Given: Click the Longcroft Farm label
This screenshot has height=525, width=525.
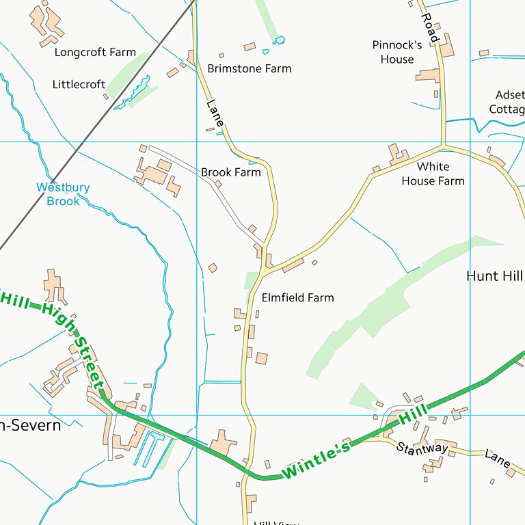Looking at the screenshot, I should coord(95,52).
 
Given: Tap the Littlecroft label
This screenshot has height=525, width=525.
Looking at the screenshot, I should coord(79,84).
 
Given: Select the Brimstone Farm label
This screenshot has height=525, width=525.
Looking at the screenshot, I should coord(250,68).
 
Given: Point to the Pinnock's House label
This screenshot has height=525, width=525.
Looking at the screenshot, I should coord(397,52).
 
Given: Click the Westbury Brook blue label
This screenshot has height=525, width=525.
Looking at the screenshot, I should coord(63,194).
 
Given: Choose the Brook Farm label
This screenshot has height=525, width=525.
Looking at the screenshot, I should coord(231,172).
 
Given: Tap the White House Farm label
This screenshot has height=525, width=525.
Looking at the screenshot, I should coord(433,174).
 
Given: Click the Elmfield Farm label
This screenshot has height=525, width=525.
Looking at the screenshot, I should coord(297,297).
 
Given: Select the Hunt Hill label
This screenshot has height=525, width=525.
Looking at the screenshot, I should coord(494,275).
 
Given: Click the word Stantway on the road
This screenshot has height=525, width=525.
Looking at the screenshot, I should coord(422,448).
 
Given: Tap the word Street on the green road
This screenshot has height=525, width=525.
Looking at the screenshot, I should coord(87,360).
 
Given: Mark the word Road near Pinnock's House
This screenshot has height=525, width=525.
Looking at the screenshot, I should coord(429,27).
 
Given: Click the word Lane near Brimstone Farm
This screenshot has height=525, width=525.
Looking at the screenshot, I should coord(215,113).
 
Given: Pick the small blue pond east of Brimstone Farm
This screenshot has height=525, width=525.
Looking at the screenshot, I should coord(279,41).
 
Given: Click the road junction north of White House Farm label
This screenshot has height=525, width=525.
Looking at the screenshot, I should coord(443,145).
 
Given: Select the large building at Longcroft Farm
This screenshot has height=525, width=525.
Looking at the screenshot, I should coord(46,21).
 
